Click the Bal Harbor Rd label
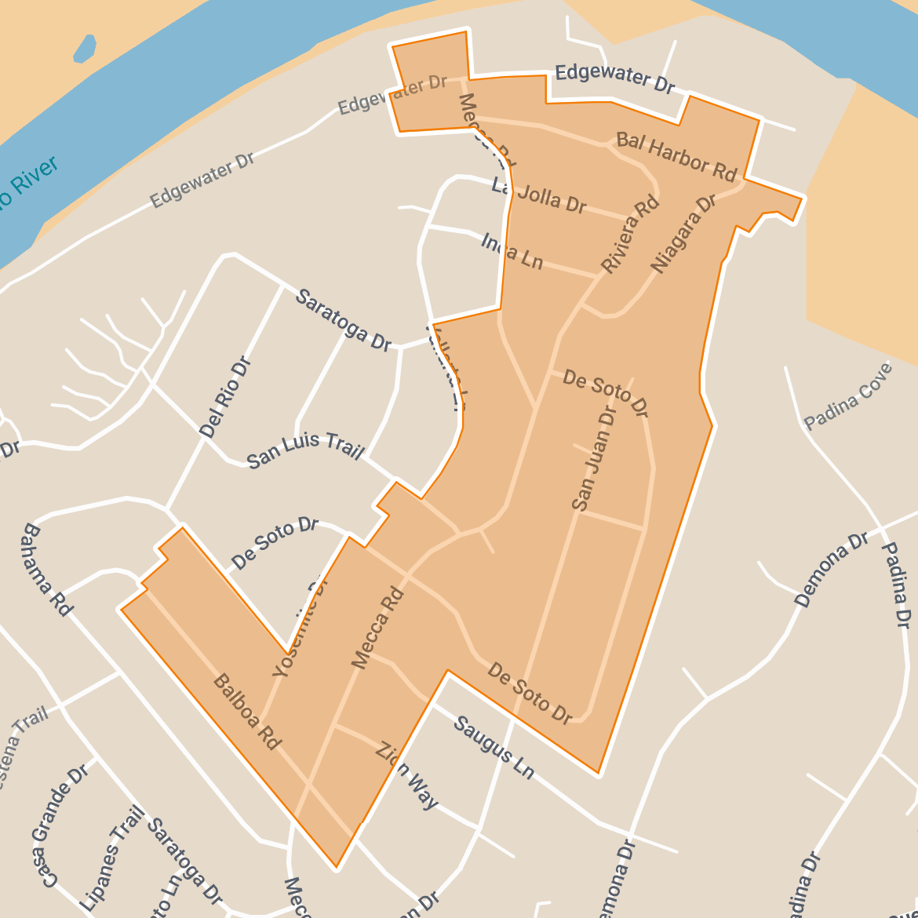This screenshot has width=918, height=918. pos(676,157)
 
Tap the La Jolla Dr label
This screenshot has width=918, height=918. pos(539,196)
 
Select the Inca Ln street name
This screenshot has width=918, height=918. pos(512,252)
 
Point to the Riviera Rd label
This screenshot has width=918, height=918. pos(630,235)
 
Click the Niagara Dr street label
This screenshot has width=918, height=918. pos(683,234)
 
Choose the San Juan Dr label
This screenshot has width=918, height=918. pos(594,458)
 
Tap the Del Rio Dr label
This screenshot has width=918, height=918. pos(224,397)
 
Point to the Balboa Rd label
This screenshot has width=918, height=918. pos(246,712)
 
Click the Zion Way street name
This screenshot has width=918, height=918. pos(406,775)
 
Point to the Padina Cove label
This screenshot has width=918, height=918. pos(849,396)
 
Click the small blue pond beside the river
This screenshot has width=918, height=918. pos(85,49)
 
